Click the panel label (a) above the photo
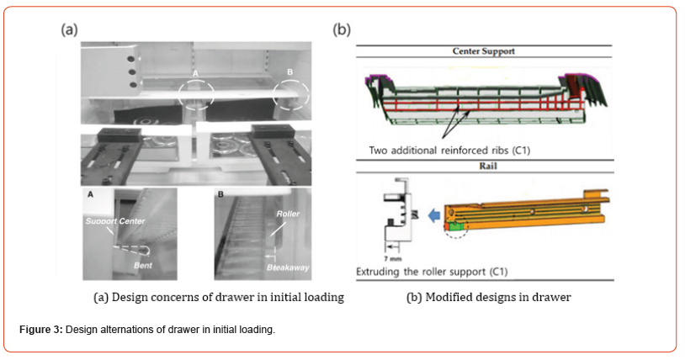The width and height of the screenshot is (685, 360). (69, 29)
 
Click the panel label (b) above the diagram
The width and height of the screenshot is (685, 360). (342, 29)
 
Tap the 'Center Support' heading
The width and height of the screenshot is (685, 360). (483, 51)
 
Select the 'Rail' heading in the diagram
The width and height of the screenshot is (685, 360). (484, 166)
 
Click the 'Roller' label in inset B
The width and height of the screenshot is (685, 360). (288, 214)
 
